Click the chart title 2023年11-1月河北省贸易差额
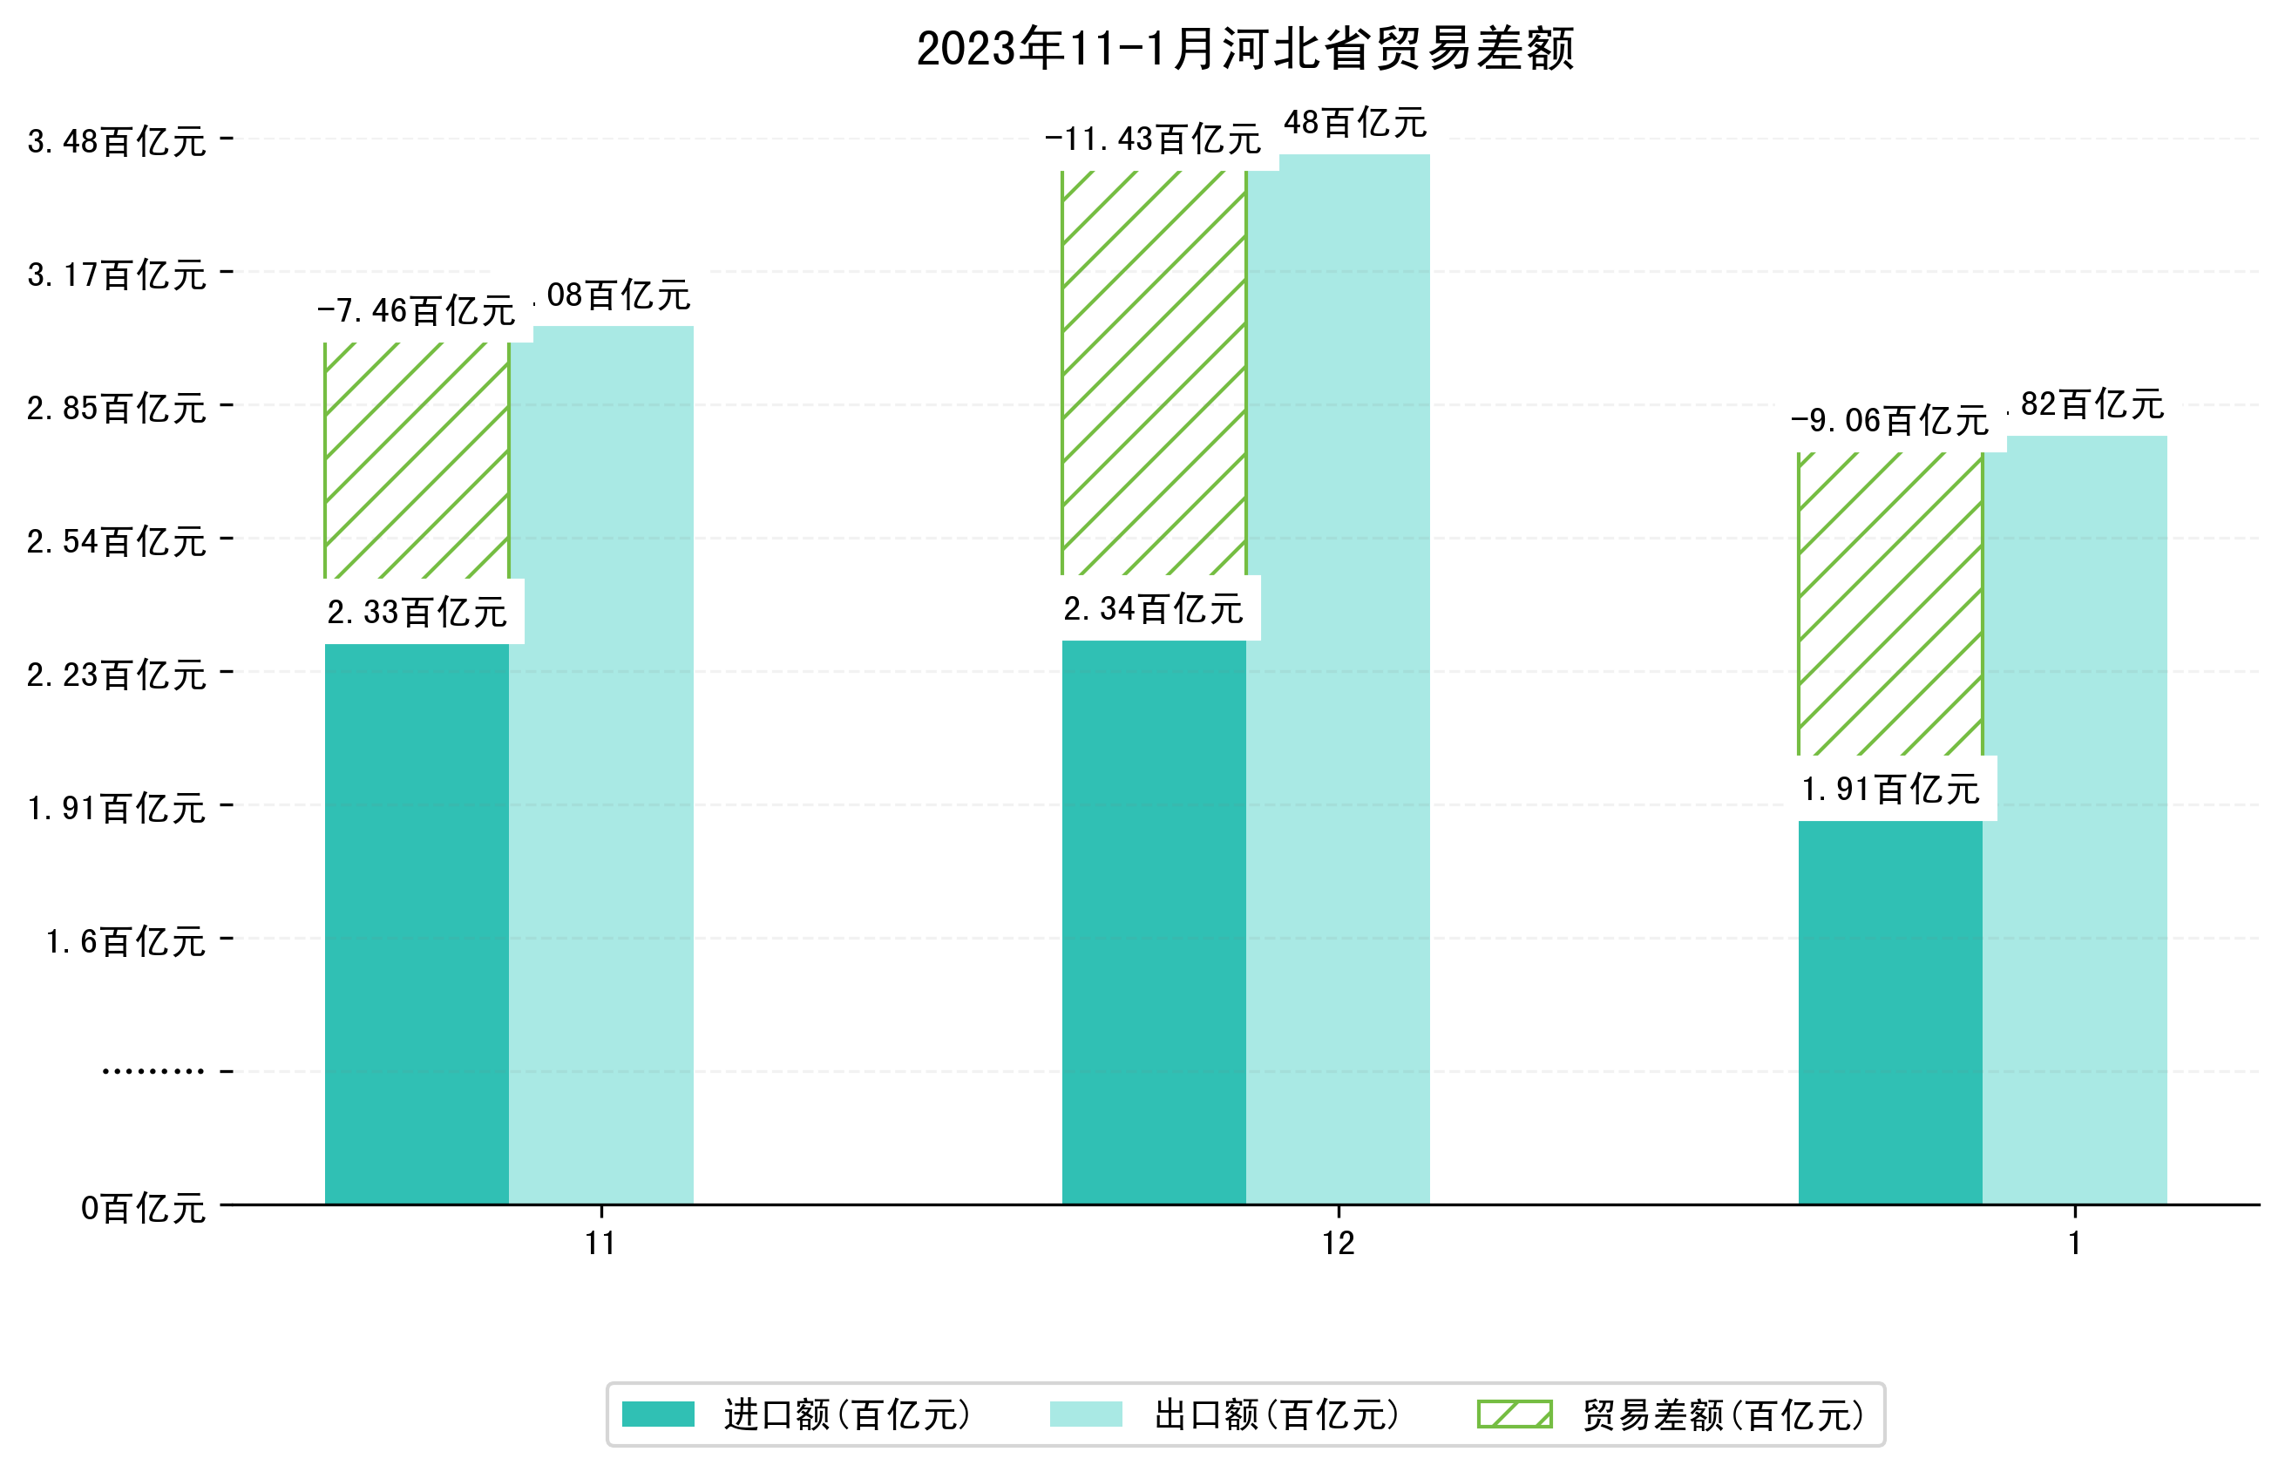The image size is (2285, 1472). (x=1244, y=49)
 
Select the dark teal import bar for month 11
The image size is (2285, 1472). (x=416, y=922)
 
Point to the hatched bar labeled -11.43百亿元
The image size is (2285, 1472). (x=1153, y=373)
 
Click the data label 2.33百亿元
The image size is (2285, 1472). (x=417, y=612)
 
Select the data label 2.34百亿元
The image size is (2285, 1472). (x=1153, y=608)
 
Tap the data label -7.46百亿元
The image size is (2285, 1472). (x=416, y=310)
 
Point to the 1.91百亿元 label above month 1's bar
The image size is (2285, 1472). (x=1889, y=790)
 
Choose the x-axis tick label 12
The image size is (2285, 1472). (x=1338, y=1244)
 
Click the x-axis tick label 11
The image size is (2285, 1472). (x=600, y=1244)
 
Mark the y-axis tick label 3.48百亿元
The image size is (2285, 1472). (x=117, y=141)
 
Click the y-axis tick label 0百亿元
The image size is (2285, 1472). (x=143, y=1208)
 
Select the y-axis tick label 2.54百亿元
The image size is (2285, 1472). (x=117, y=542)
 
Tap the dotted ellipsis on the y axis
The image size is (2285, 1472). (x=153, y=1071)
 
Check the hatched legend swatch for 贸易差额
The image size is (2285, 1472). (x=1514, y=1414)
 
